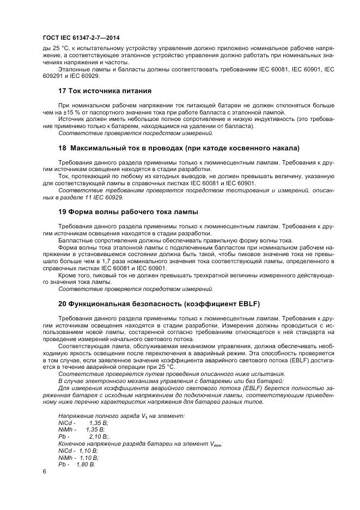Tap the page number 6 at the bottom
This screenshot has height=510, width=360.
[x=44, y=472]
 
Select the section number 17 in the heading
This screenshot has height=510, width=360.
[x=62, y=90]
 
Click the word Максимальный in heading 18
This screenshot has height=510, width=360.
[x=97, y=148]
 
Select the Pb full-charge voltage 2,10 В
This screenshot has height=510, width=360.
[x=99, y=436]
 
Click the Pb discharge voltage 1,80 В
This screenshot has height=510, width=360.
[x=87, y=464]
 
